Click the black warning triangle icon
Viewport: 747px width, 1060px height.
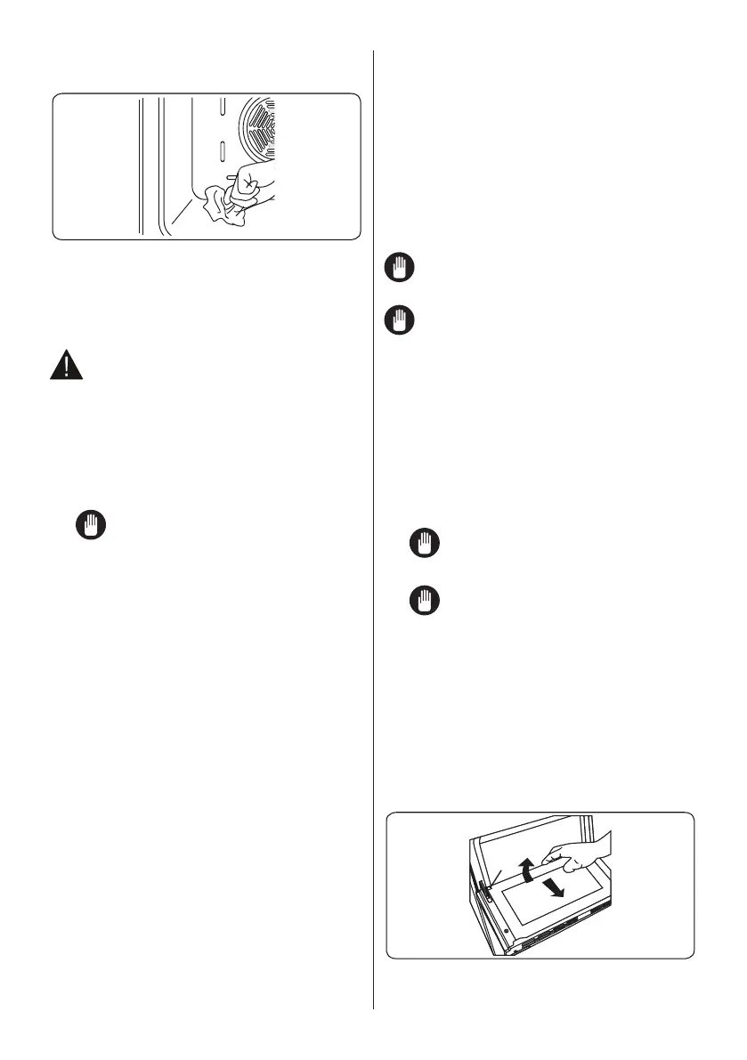click(64, 366)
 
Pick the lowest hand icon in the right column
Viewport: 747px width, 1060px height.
click(422, 602)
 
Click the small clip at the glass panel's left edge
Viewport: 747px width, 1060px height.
click(489, 899)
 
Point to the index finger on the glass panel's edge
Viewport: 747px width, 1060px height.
click(555, 851)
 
